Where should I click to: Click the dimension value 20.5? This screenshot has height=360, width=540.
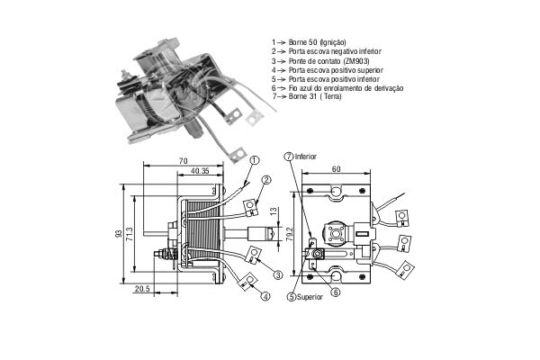pos(141,290)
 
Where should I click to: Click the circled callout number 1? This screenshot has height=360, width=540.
pos(255,160)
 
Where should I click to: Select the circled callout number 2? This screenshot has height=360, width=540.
pos(267,179)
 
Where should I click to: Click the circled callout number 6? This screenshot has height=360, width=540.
pos(334,290)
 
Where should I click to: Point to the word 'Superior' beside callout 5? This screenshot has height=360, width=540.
pos(311,296)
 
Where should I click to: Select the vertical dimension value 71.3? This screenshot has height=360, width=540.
pos(130,235)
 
